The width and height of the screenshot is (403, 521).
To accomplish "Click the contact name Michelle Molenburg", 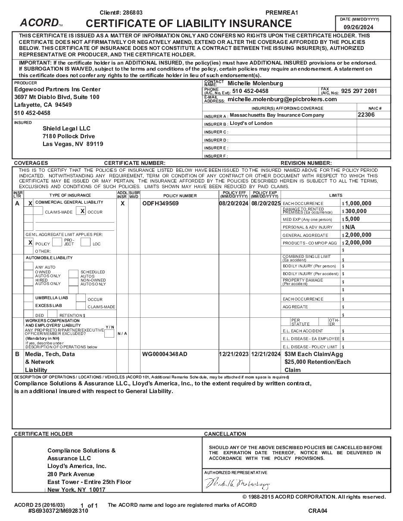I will pos(255,83).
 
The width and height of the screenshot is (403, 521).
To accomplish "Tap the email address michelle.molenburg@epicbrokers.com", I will pos(282,99).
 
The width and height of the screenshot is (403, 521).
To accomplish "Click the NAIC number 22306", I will pos(366,115).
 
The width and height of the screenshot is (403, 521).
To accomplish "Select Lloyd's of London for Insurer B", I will pos(251,123).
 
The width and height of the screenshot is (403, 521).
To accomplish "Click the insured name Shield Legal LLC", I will pos(66,128).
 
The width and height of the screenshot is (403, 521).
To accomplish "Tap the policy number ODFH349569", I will pos(160,203).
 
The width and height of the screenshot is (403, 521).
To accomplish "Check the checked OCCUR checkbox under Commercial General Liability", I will pos(82,211).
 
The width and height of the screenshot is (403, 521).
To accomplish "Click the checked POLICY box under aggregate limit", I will pos(30,242).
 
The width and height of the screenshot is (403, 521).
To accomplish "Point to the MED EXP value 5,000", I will pos(353,219).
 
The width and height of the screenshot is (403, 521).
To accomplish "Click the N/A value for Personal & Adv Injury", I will pos(350,227).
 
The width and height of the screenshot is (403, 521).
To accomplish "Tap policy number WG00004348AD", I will pos(165,354).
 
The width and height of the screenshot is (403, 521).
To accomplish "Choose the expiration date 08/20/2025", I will pos(266,203).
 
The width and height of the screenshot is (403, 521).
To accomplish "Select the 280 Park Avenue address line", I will pos(71,474).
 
